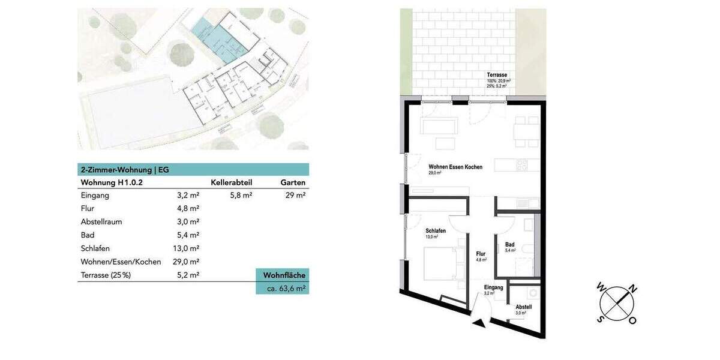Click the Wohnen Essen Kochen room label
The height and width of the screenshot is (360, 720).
coord(455,167)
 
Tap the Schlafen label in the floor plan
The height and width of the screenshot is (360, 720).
coord(435,231)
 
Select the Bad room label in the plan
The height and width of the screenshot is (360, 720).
coord(509,244)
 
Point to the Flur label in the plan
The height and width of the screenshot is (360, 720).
coord(481,254)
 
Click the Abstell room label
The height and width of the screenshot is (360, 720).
coord(523,307)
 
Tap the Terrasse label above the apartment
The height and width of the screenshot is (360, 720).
coord(498,75)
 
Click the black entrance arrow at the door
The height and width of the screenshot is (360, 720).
coord(479,323)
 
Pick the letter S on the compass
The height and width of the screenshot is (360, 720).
coord(599,319)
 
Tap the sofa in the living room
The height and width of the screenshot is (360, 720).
coord(439,126)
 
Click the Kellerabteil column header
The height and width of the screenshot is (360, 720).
coord(231,182)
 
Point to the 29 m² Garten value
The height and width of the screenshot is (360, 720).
coord(295,196)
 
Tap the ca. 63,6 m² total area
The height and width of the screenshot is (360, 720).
coord(286,288)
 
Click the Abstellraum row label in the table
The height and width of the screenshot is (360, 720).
coord(101,222)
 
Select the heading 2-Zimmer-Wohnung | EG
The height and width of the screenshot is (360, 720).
coord(125,170)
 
